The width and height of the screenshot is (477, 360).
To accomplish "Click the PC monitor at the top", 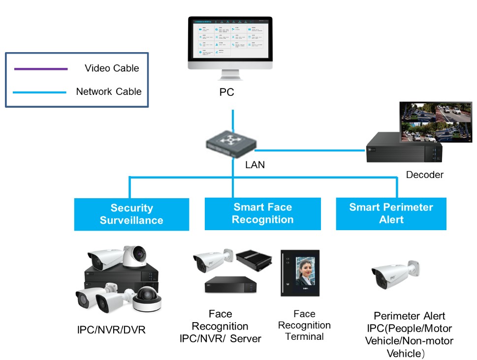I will click(230, 43).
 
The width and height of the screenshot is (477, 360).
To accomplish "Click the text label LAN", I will click(255, 165).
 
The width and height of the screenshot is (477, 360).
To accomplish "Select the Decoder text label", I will click(424, 175).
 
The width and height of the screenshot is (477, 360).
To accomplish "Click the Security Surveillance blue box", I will click(131, 214).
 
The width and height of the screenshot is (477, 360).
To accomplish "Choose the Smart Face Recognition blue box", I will click(262, 214).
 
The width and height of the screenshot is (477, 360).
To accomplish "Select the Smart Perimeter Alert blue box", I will click(391, 213).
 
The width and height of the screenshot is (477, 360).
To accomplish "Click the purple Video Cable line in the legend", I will click(41, 68).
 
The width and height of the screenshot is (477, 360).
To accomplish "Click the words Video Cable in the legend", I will click(112, 68).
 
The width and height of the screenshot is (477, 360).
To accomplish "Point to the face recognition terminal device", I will click(300, 273).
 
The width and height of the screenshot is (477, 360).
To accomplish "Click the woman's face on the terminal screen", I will click(305, 271).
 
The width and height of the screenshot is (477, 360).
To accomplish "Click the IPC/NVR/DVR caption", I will click(111, 330).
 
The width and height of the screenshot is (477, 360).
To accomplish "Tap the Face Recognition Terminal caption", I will click(304, 325).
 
